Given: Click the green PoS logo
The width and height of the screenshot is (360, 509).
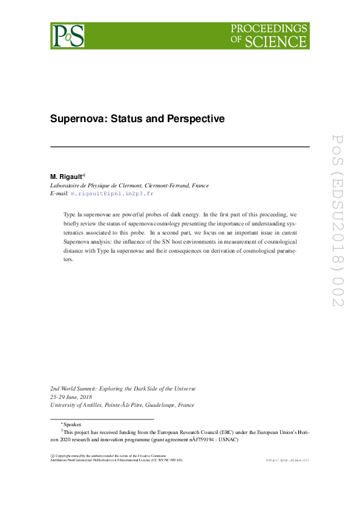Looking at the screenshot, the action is (68, 36).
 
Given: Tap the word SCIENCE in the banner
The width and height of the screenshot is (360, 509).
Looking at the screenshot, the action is (284, 42).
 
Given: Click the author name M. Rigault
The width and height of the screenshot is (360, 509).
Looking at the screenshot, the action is (69, 177).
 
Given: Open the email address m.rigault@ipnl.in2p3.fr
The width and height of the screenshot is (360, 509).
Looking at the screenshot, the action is (112, 193).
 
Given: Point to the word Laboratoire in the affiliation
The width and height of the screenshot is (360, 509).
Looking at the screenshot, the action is (67, 185).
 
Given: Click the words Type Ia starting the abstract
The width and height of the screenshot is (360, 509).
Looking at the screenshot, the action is (75, 215).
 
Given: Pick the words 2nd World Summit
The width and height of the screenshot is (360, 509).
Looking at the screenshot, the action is (76, 389).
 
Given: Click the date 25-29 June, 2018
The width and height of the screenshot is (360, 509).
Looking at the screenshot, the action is (74, 397).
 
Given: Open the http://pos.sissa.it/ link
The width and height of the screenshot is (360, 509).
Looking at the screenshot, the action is (287, 461).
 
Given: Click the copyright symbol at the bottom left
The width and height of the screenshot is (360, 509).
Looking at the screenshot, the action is (52, 455).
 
